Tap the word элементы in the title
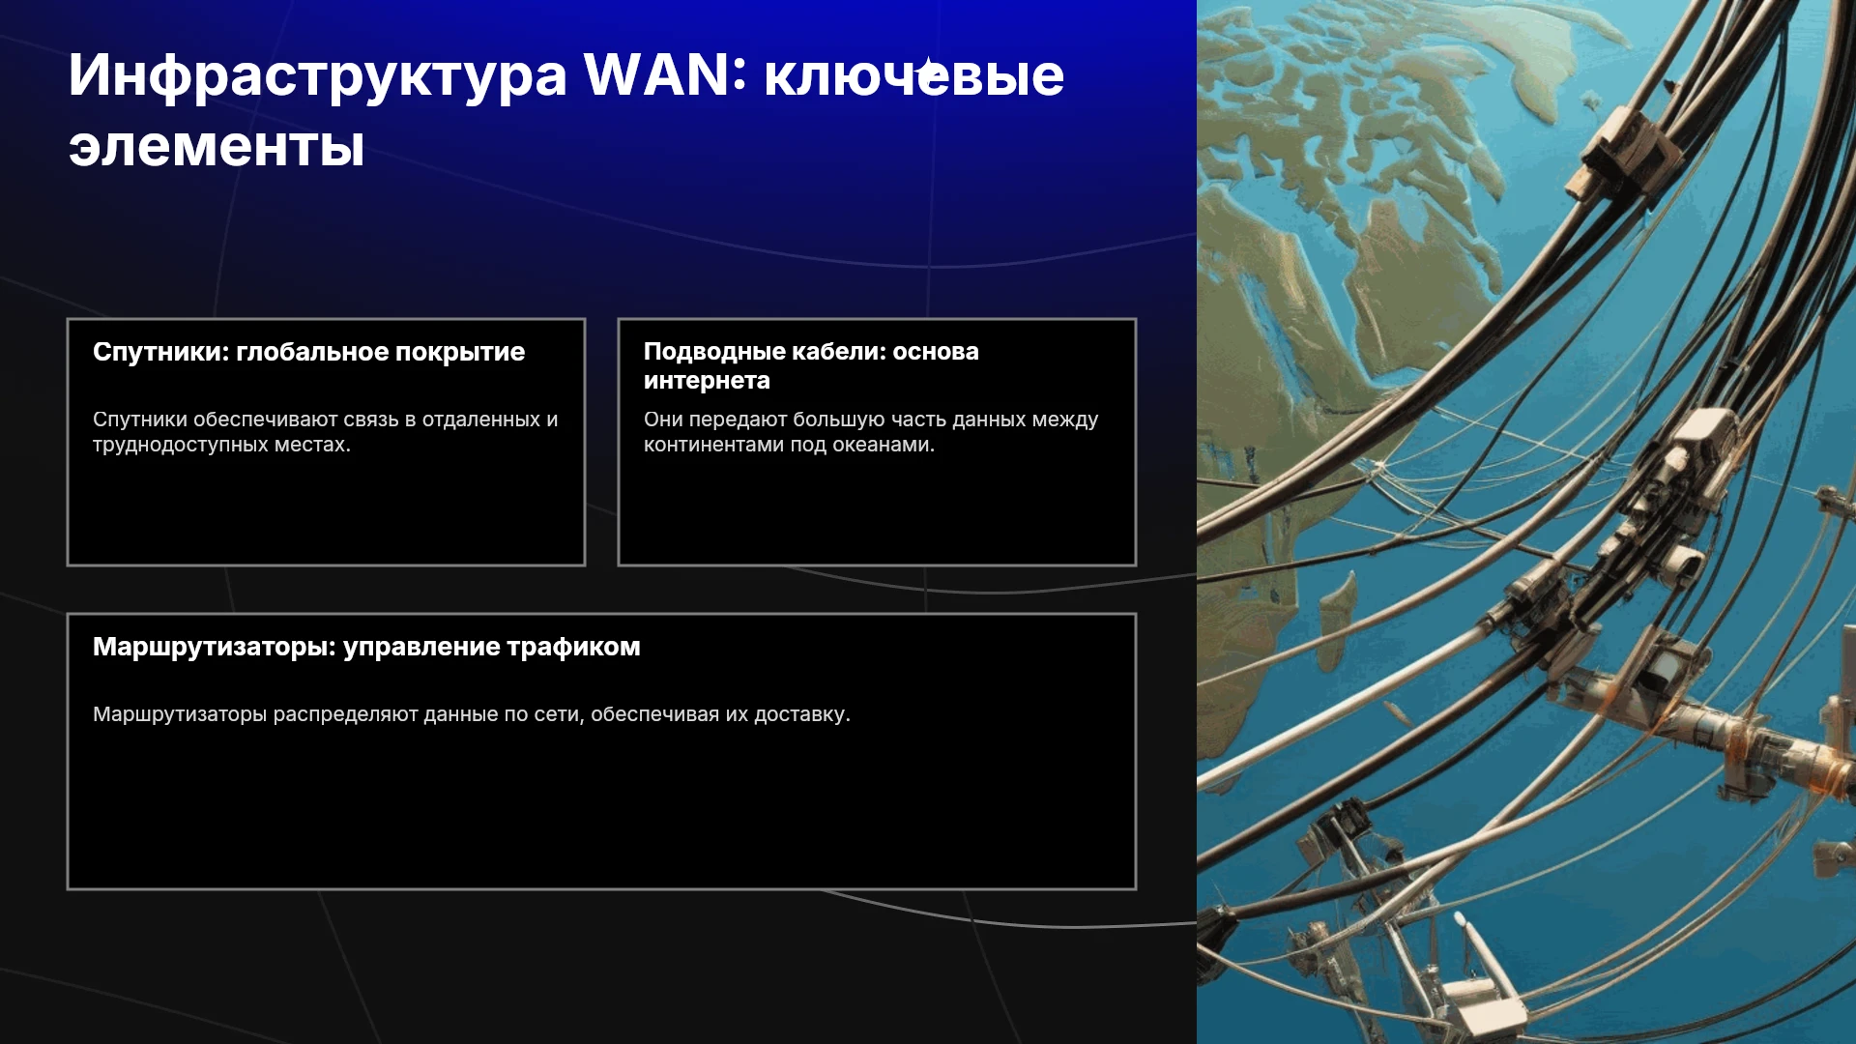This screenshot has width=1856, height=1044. (217, 148)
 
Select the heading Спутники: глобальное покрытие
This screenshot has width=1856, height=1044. (308, 352)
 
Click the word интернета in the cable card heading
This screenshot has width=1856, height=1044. (707, 381)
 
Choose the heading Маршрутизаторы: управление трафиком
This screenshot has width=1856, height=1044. (366, 647)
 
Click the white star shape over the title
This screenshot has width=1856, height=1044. (929, 72)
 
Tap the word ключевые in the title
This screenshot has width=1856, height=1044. (913, 74)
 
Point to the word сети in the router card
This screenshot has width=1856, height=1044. (558, 714)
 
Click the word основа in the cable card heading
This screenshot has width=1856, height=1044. (936, 352)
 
